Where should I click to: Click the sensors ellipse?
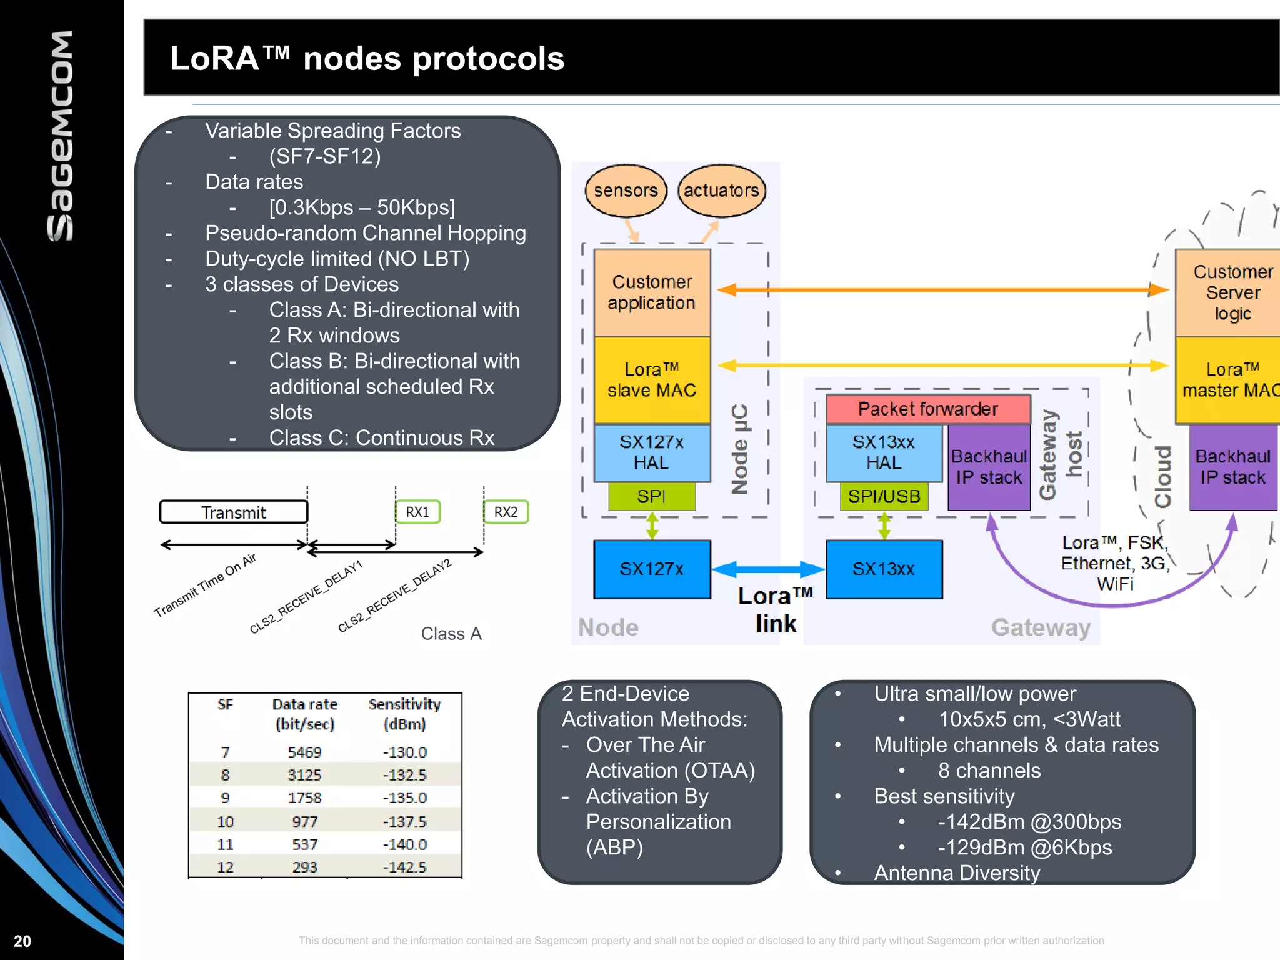pyautogui.click(x=626, y=191)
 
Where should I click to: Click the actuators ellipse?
pyautogui.click(x=721, y=191)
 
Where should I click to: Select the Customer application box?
pyautogui.click(x=652, y=292)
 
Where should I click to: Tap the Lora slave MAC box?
pyautogui.click(x=652, y=380)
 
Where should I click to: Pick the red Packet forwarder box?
pyautogui.click(x=927, y=409)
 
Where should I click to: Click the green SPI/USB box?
pyautogui.click(x=884, y=497)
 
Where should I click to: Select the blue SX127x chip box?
pyautogui.click(x=652, y=569)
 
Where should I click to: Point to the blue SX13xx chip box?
pyautogui.click(x=884, y=569)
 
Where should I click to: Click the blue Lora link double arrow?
pyautogui.click(x=768, y=569)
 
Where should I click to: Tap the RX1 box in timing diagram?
pyautogui.click(x=417, y=512)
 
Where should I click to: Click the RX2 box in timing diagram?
pyautogui.click(x=506, y=512)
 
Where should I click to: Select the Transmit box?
pyautogui.click(x=234, y=512)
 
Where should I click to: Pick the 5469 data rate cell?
pyautogui.click(x=304, y=752)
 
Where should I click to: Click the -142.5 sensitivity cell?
pyautogui.click(x=404, y=867)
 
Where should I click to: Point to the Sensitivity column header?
pyautogui.click(x=404, y=714)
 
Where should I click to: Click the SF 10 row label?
pyautogui.click(x=225, y=821)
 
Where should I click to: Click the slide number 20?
pyautogui.click(x=22, y=941)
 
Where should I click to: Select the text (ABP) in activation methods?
pyautogui.click(x=614, y=847)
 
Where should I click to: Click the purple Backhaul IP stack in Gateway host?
pyautogui.click(x=989, y=467)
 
